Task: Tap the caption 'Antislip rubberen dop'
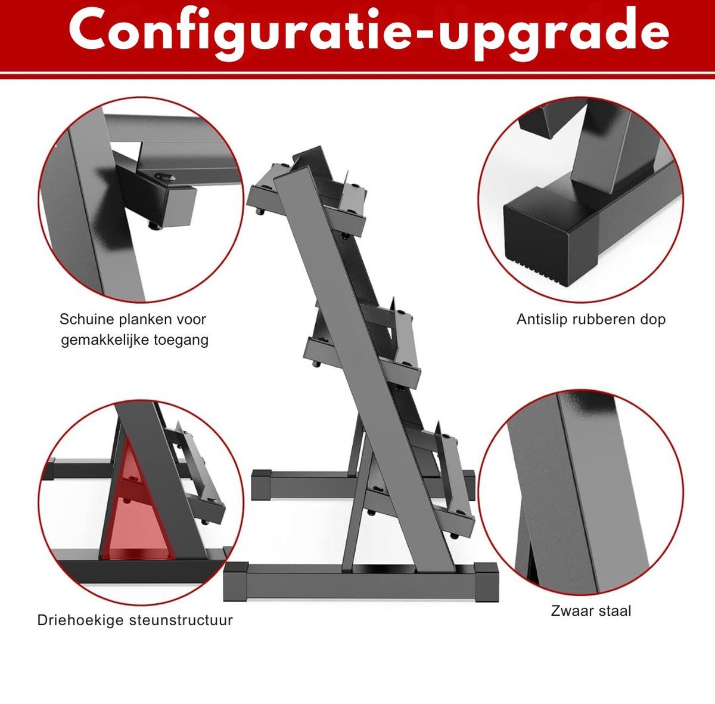click(x=591, y=319)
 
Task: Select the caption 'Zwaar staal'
click(x=591, y=611)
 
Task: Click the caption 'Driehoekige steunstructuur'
click(x=135, y=620)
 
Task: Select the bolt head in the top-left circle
click(x=165, y=177)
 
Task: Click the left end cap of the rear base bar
click(x=261, y=484)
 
